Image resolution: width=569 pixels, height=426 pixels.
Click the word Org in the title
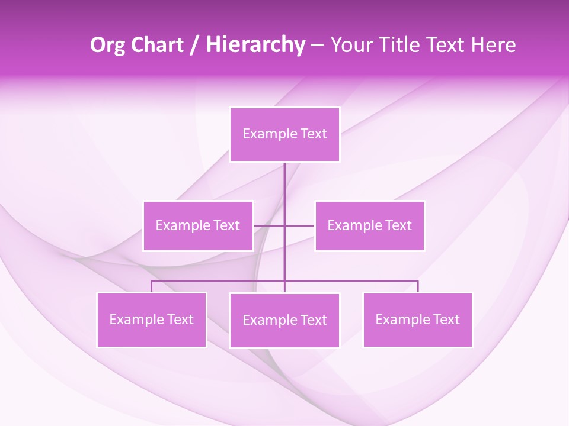coord(107,45)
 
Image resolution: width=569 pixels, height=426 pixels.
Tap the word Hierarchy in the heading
coord(255,45)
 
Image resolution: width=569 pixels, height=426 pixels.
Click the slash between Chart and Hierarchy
coord(194,45)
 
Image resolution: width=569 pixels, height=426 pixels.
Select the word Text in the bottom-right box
coord(446,319)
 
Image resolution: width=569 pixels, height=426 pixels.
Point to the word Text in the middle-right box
coord(398,225)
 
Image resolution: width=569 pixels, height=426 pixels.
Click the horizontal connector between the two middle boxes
coord(299,225)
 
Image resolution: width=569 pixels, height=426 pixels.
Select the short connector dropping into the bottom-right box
coord(418,286)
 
